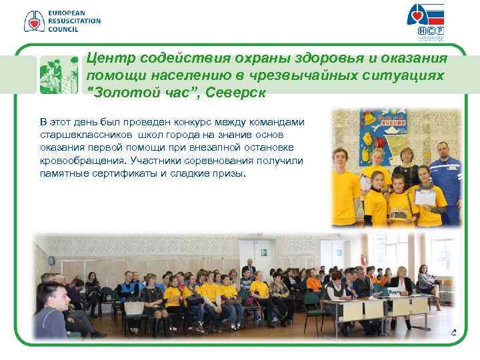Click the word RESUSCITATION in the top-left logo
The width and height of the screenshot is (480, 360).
tap(74, 21)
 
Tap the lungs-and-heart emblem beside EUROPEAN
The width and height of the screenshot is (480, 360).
tap(34, 21)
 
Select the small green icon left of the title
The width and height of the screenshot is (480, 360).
tap(60, 75)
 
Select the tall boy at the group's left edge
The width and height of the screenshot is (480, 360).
tap(346, 187)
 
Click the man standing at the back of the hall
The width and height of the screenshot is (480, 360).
tap(248, 269)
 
